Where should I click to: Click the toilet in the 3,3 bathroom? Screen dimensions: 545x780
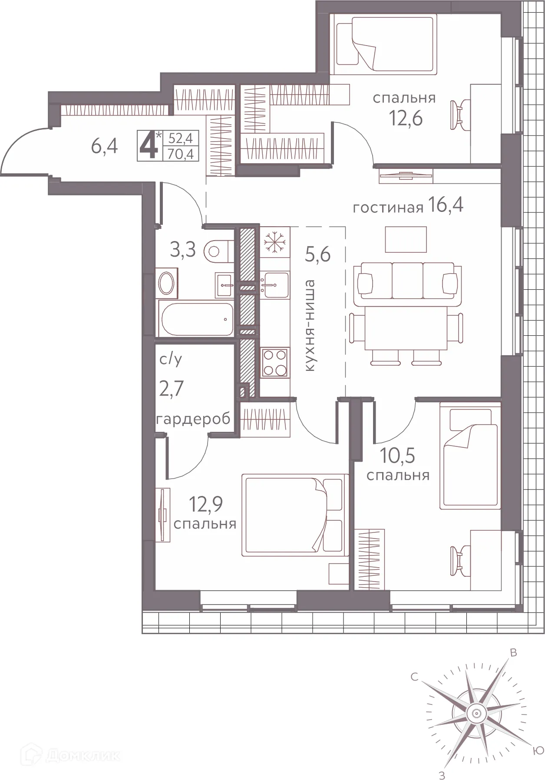(218, 251)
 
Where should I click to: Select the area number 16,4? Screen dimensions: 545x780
(446, 205)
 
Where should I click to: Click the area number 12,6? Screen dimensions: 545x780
(406, 118)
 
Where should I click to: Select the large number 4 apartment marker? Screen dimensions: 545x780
(149, 146)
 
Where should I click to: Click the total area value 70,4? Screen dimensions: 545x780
(180, 153)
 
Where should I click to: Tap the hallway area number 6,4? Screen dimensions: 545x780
(105, 146)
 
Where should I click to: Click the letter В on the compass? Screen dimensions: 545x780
(513, 653)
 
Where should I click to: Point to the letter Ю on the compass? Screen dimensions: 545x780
(538, 750)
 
